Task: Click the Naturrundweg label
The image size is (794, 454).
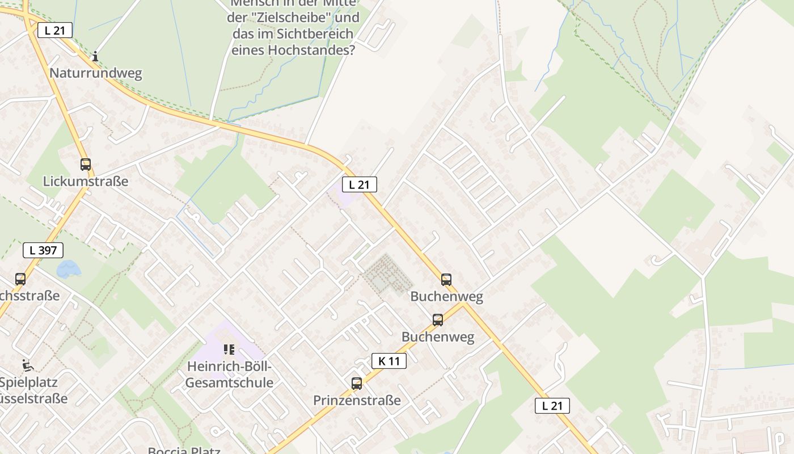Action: pos(96,73)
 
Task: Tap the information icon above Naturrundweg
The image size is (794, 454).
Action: pos(95,56)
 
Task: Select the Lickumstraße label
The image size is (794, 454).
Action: pos(86,181)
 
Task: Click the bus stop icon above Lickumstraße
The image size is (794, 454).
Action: pos(86,165)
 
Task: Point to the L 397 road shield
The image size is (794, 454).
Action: pos(43,250)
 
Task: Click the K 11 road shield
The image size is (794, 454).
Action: pos(389,361)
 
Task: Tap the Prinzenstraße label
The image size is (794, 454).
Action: pos(357,400)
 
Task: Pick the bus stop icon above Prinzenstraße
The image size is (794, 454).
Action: pos(356,384)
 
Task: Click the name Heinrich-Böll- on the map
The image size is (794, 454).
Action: pos(229,367)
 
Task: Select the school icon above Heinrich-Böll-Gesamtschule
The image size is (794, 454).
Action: pos(229,350)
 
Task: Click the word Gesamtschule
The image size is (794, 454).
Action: pos(229,382)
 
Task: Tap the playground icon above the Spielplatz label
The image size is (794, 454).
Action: pos(27,365)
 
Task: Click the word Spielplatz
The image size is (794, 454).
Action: pos(28,381)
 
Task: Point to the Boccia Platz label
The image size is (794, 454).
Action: pos(184,451)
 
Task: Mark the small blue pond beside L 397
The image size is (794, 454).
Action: pos(69,268)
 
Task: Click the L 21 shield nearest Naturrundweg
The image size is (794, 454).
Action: pos(55,30)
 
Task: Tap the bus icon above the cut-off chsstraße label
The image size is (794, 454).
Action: pos(20,279)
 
